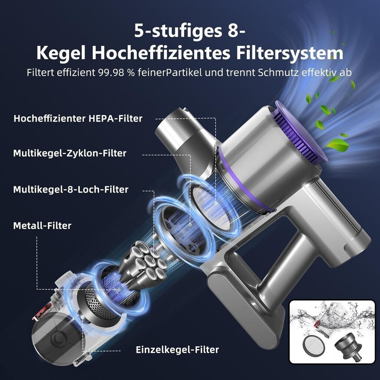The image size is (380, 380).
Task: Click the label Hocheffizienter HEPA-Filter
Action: (78, 118)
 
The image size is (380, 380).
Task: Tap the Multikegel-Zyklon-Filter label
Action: (70, 153)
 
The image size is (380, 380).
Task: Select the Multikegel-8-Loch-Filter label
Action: (71, 190)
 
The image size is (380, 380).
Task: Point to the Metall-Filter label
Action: (42, 226)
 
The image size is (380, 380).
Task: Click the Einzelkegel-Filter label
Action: (177, 350)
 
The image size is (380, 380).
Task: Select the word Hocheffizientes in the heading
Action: (161, 53)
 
